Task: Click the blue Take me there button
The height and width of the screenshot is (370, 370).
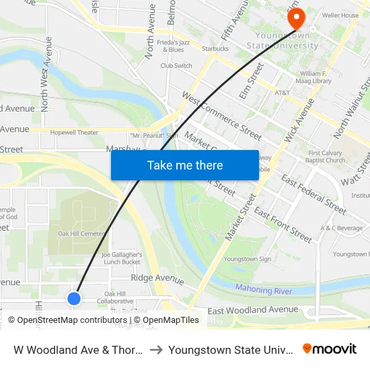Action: pos(185,165)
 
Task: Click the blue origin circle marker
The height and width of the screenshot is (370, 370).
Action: pos(74,298)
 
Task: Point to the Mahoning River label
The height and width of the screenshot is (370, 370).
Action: pos(264,289)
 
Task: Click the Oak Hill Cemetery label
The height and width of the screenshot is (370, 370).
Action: pos(81,233)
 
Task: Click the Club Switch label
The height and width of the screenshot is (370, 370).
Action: pos(176,65)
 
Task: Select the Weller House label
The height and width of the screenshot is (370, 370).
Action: pos(340,15)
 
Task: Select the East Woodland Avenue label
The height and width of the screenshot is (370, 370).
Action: pos(252,309)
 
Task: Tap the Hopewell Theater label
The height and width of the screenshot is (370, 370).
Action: pos(74,133)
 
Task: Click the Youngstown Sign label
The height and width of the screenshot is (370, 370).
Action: pos(247,259)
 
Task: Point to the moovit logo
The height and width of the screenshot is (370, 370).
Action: pos(330,349)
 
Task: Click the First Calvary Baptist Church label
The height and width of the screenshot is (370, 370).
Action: pos(327,157)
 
